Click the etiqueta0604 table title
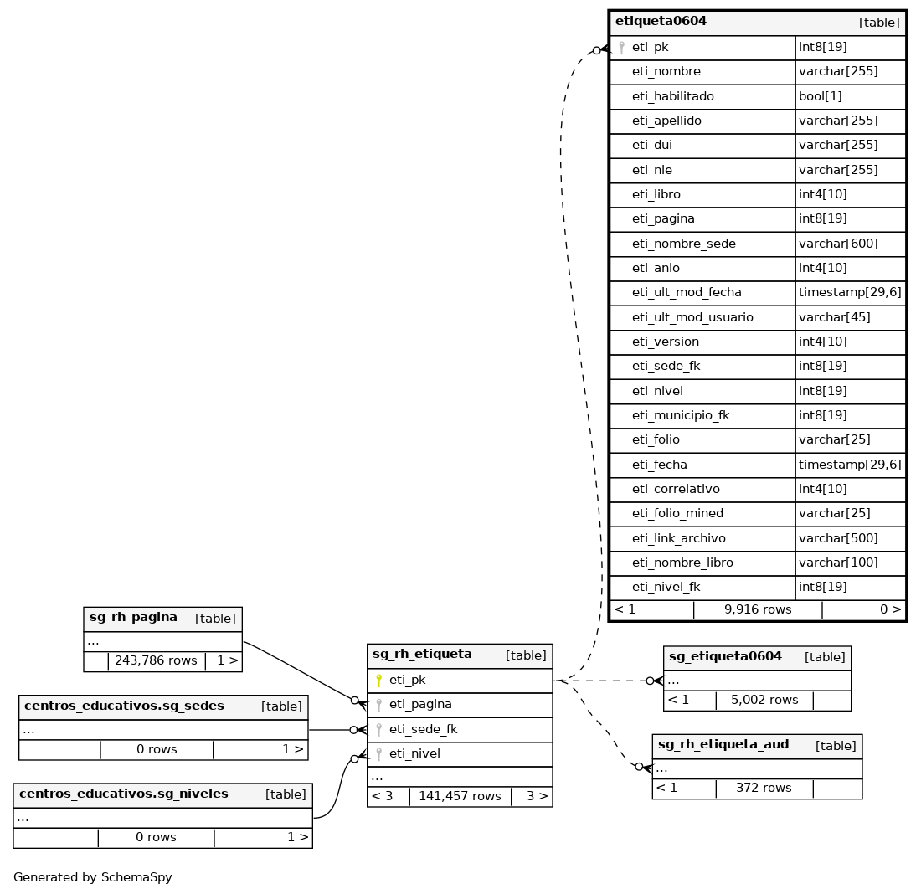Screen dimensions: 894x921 [661, 22]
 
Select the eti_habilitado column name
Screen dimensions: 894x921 [672, 96]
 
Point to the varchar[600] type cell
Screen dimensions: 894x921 [838, 244]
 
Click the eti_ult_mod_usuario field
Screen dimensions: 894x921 [692, 317]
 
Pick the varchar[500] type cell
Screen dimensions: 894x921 [838, 538]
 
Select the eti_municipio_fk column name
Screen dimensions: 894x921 [681, 415]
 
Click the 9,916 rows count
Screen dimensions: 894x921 [757, 609]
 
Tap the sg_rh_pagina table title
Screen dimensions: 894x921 [133, 618]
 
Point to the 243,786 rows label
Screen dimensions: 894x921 [156, 660]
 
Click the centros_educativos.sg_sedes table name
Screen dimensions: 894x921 [124, 706]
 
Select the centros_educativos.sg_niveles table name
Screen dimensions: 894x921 [123, 794]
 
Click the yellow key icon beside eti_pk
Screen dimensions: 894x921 [378, 681]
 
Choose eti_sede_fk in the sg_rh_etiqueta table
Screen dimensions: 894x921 [423, 729]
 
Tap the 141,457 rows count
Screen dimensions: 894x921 [460, 796]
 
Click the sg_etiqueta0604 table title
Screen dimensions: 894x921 [725, 656]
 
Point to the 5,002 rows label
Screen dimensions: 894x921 [764, 700]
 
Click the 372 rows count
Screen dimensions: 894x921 [764, 788]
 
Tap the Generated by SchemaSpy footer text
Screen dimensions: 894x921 [93, 877]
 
